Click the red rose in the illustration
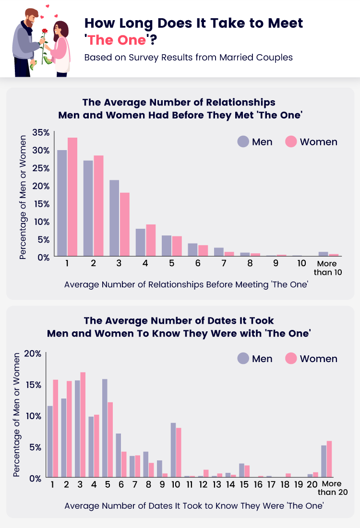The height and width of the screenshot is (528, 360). pos(45,32)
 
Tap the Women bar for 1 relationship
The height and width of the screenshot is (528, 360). pos(72,197)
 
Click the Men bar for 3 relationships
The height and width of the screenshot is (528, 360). pos(114,218)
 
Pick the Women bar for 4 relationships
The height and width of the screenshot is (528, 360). pos(151,240)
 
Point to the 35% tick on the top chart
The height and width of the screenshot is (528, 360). pos(41,132)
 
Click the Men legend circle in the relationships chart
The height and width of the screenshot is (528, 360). pos(243,142)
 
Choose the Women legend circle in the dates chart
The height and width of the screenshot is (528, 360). pos(291,359)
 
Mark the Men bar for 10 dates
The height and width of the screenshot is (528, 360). pos(173,450)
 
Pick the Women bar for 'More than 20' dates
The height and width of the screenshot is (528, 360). pos(329,459)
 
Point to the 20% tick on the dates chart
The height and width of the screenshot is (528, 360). pos(33,354)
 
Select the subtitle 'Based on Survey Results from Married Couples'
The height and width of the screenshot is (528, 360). pos(188,58)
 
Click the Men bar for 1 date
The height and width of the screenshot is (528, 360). pos(49,442)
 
